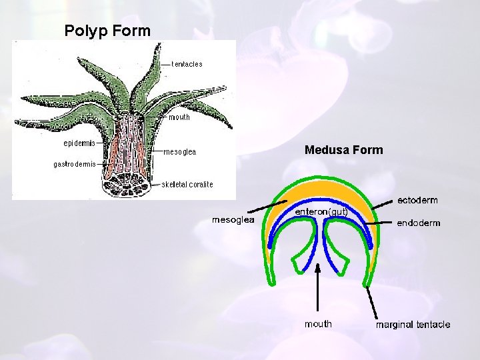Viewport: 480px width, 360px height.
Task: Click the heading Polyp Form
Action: tap(107, 31)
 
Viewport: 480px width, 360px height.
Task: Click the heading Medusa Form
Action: tap(343, 150)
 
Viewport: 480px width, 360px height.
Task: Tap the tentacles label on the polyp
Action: tap(187, 65)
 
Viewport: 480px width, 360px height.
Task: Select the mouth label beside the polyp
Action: tap(179, 117)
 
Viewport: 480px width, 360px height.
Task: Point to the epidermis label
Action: tap(79, 143)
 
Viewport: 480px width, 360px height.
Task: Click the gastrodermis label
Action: tap(75, 164)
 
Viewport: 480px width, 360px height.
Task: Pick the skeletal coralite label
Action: tap(187, 185)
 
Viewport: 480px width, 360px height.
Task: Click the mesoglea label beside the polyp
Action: tap(180, 152)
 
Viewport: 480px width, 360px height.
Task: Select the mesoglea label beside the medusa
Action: tap(233, 219)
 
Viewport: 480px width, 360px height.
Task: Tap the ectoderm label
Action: tap(417, 200)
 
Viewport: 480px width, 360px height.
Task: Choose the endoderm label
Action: tap(418, 223)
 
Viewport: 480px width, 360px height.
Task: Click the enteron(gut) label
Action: tap(321, 211)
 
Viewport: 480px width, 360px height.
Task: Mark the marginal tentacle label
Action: tap(413, 325)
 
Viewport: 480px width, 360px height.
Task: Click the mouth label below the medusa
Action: tap(318, 324)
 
